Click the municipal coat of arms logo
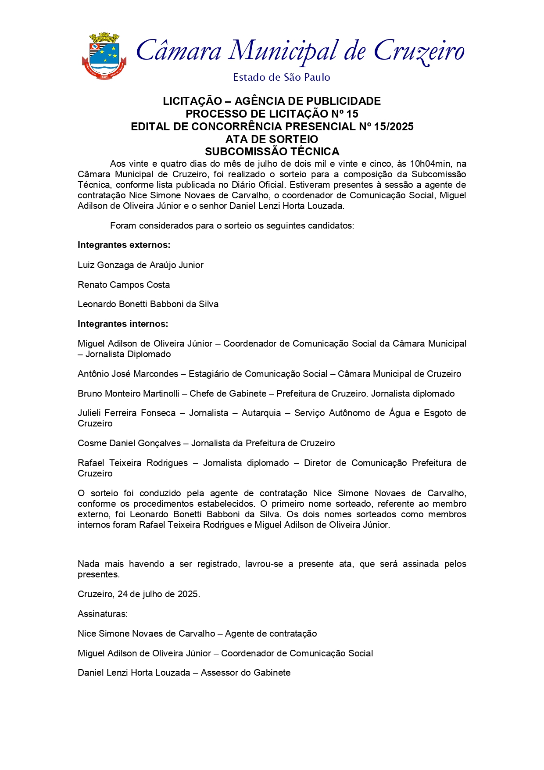point(104,57)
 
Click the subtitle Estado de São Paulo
point(281,78)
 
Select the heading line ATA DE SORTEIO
point(272,139)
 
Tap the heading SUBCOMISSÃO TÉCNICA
point(272,152)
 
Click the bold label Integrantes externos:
point(124,245)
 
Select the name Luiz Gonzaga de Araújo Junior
point(140,265)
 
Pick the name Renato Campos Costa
point(124,285)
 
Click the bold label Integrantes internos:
point(123,324)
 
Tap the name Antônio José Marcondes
point(128,374)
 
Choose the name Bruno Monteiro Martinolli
point(129,394)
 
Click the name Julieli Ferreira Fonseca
point(126,413)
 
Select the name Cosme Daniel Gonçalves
point(129,443)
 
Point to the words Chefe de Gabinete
point(228,394)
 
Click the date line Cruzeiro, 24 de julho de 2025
point(139,594)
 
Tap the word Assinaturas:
point(103,614)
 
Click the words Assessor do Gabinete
point(246,673)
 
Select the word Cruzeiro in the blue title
point(419,52)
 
